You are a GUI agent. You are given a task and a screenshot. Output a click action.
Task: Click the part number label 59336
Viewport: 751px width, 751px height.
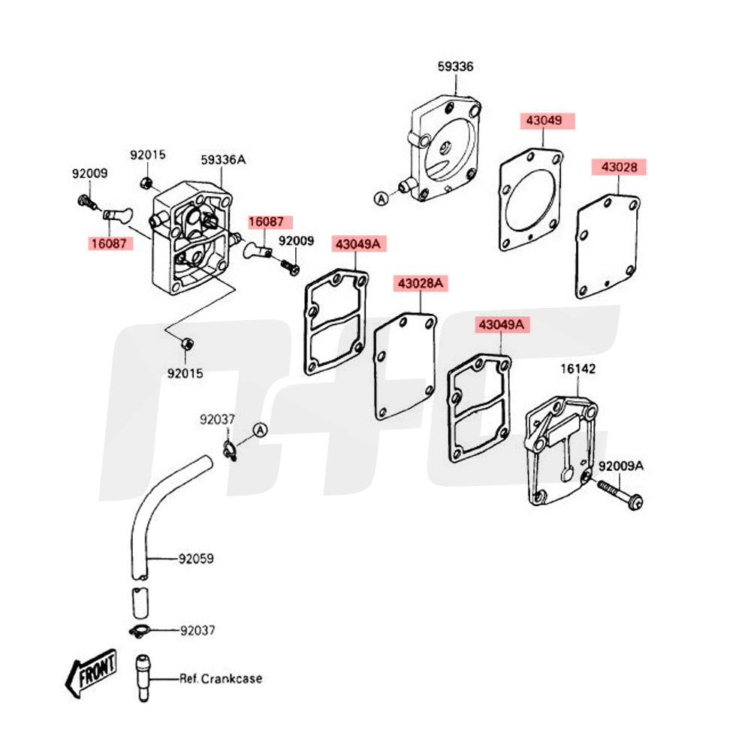tap(455, 67)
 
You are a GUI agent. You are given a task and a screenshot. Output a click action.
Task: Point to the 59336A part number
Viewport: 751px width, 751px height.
tap(223, 159)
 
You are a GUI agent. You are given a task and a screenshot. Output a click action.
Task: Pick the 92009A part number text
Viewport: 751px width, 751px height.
tap(623, 466)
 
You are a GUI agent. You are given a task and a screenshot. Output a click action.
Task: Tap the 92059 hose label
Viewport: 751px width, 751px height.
tap(196, 559)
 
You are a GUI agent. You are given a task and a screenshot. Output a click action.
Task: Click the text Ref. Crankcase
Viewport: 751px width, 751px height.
tap(221, 679)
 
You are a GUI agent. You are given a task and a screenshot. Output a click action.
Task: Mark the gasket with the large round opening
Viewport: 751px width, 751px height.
tap(530, 199)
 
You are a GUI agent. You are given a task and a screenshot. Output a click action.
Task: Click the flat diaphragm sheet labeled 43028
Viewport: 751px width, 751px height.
tap(607, 245)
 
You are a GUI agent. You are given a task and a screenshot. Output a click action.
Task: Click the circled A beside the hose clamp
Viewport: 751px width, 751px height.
tap(260, 430)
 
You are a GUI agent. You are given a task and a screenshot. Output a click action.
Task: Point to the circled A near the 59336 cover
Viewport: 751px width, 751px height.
tap(381, 198)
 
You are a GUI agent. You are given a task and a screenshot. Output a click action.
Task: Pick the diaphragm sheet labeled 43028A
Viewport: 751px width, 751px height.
tap(404, 366)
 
